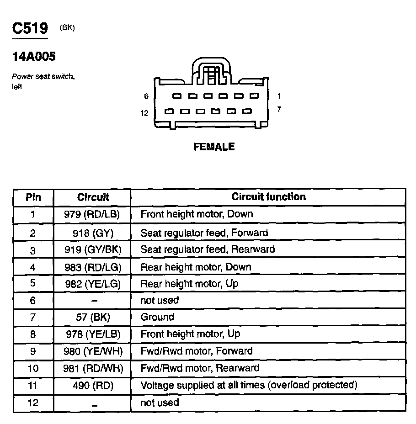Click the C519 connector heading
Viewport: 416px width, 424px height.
click(30, 28)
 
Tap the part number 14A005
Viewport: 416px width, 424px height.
click(34, 57)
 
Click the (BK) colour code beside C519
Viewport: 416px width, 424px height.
click(67, 28)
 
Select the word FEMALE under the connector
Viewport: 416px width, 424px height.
click(214, 147)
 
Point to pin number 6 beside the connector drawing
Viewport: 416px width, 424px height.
click(146, 96)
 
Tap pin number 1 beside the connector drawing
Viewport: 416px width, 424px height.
click(279, 96)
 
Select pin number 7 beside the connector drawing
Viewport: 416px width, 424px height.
click(279, 110)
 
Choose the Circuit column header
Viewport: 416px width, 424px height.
click(93, 197)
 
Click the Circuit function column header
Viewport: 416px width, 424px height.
click(268, 197)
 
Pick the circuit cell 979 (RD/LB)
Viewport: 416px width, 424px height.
click(93, 214)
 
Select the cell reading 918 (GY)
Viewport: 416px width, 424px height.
click(93, 233)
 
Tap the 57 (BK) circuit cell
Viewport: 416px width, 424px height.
click(93, 317)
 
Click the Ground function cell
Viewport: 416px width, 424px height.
click(157, 317)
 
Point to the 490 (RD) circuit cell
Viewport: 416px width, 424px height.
click(93, 386)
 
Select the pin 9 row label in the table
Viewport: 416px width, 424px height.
click(33, 351)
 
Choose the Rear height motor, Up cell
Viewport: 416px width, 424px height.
click(189, 284)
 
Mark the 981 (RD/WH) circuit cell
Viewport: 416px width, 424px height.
click(93, 368)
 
